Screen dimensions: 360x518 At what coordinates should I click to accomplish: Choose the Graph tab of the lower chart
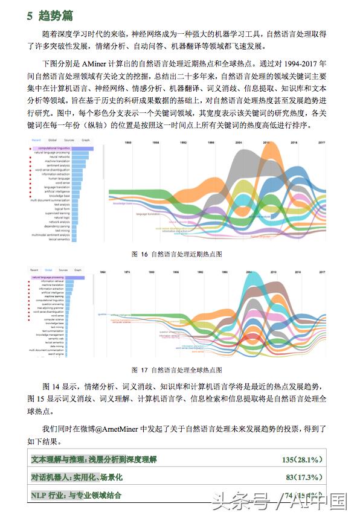pyautogui.click(x=78, y=270)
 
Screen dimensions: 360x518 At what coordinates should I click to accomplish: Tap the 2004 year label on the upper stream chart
pyautogui.click(x=239, y=143)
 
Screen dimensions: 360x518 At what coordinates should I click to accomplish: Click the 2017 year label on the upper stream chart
pyautogui.click(x=322, y=143)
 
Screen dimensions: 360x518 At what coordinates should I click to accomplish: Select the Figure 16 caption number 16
pyautogui.click(x=144, y=255)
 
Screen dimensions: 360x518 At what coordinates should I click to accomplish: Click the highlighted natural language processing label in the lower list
pyautogui.click(x=52, y=277)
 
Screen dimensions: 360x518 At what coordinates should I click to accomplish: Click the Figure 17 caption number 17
pyautogui.click(x=144, y=369)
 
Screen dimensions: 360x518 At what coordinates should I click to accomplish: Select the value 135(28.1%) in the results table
pyautogui.click(x=302, y=460)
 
